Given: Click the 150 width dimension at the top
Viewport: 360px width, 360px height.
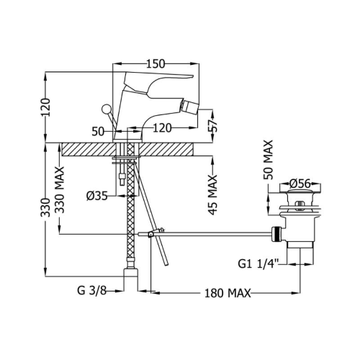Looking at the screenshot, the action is [x=156, y=64].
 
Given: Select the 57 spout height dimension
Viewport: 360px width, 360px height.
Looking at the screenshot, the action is [x=212, y=125].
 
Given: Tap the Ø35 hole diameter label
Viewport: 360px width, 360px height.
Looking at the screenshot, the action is [x=96, y=197].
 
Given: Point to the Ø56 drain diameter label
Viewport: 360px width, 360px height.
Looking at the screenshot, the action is [x=300, y=184].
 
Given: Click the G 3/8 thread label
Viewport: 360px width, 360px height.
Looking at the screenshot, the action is [x=91, y=291].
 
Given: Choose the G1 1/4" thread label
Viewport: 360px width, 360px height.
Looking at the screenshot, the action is [x=258, y=264].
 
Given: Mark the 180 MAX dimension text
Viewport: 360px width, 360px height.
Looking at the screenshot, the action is [x=228, y=293].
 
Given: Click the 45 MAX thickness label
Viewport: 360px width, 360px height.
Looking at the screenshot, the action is [x=212, y=194].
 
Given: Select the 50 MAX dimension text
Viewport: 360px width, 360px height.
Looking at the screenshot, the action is [x=268, y=160].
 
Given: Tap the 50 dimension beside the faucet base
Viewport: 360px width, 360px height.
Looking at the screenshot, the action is [x=98, y=132].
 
